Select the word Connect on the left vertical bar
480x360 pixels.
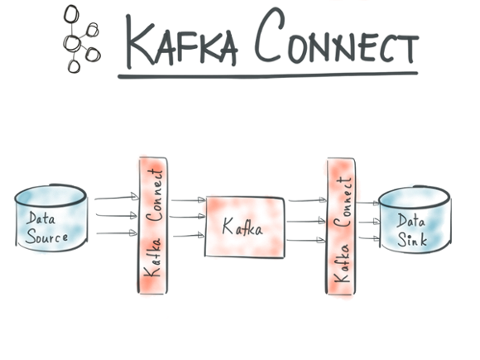[155, 194]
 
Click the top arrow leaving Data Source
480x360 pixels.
[114, 199]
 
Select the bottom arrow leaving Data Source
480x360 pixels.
[114, 233]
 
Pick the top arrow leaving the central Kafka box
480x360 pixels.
[305, 201]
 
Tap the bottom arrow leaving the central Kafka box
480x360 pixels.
[305, 240]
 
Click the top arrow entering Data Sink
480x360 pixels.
[369, 204]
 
